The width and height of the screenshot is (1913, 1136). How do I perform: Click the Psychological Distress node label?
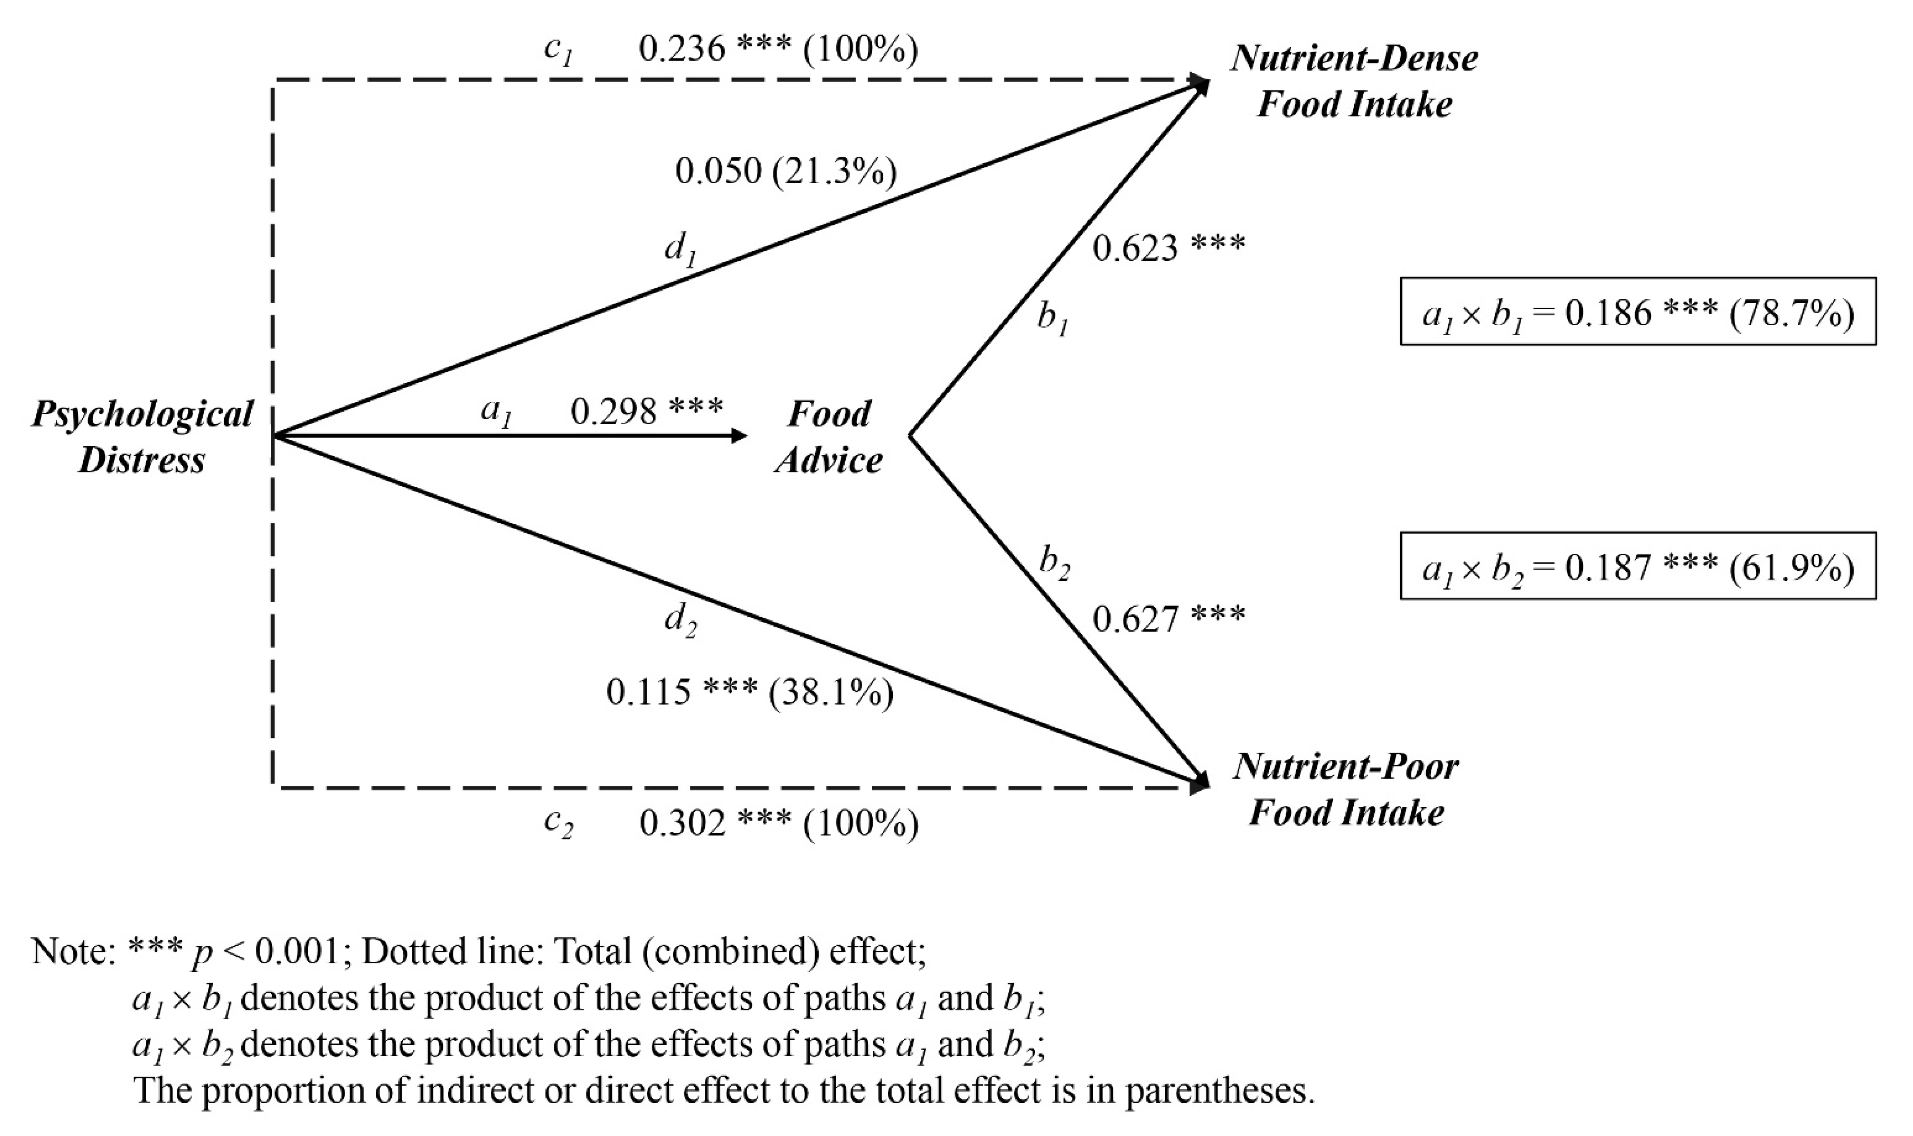(x=142, y=437)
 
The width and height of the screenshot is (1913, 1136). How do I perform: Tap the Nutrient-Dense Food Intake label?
(x=1353, y=81)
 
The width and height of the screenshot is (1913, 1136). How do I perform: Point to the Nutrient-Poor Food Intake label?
(x=1346, y=789)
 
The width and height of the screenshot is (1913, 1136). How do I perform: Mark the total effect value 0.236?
(x=681, y=49)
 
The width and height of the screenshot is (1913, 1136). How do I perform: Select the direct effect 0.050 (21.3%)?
(x=785, y=171)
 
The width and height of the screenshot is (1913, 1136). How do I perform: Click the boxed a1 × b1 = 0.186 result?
(x=1638, y=312)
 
